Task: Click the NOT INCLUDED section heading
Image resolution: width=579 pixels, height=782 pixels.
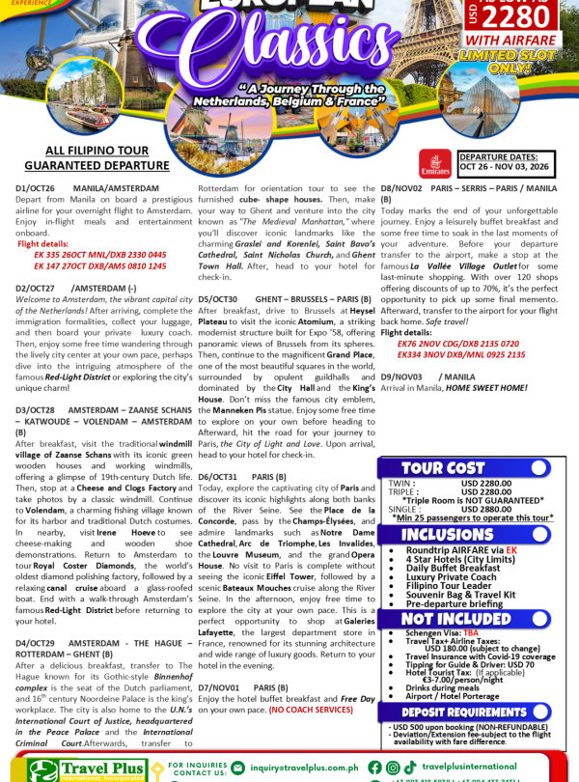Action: point(456,619)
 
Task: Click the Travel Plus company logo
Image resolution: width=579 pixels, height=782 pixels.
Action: point(87,768)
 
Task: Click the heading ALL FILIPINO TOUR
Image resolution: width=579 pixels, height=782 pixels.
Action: point(93,151)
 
